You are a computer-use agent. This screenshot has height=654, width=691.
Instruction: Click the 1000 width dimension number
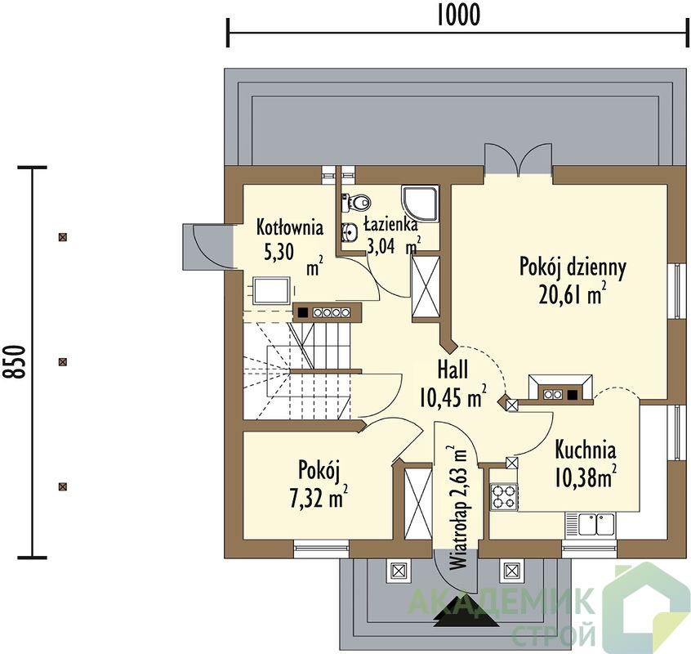pos(458,15)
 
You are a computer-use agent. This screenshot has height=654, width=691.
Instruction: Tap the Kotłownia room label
pos(289,227)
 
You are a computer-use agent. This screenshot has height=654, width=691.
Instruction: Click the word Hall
pos(452,370)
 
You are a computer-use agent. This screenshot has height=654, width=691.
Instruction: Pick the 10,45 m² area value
pos(452,396)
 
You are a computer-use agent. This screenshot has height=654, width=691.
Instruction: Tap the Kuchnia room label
pos(586,450)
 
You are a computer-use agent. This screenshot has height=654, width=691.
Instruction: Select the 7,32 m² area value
pos(318,496)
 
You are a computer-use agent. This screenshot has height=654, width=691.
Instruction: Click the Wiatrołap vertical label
pos(457,535)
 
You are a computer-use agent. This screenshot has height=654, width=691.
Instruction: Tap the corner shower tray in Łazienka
pos(420,204)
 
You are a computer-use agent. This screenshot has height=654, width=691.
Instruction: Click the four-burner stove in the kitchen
pos(504,496)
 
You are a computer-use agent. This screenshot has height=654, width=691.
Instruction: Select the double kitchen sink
pos(591,525)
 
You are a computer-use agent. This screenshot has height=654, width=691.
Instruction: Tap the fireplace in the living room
pos(560,389)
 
